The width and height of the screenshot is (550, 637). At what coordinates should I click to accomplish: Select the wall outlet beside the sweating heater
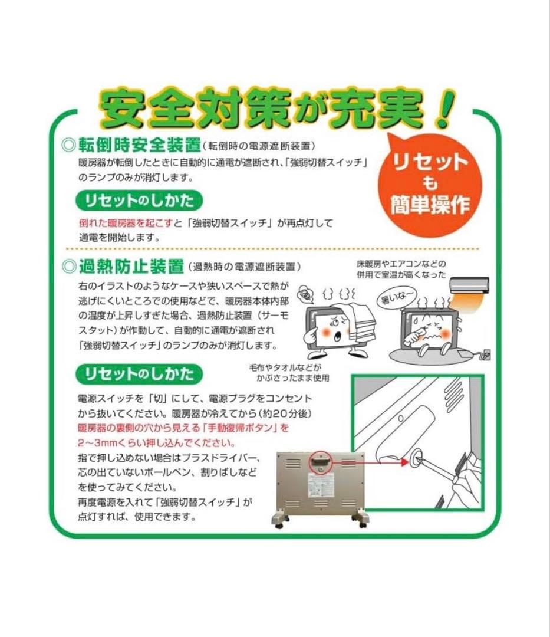487,354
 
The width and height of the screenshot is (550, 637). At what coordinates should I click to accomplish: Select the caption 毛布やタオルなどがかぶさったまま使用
289,373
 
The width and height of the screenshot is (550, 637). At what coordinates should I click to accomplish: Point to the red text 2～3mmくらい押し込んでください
157,442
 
